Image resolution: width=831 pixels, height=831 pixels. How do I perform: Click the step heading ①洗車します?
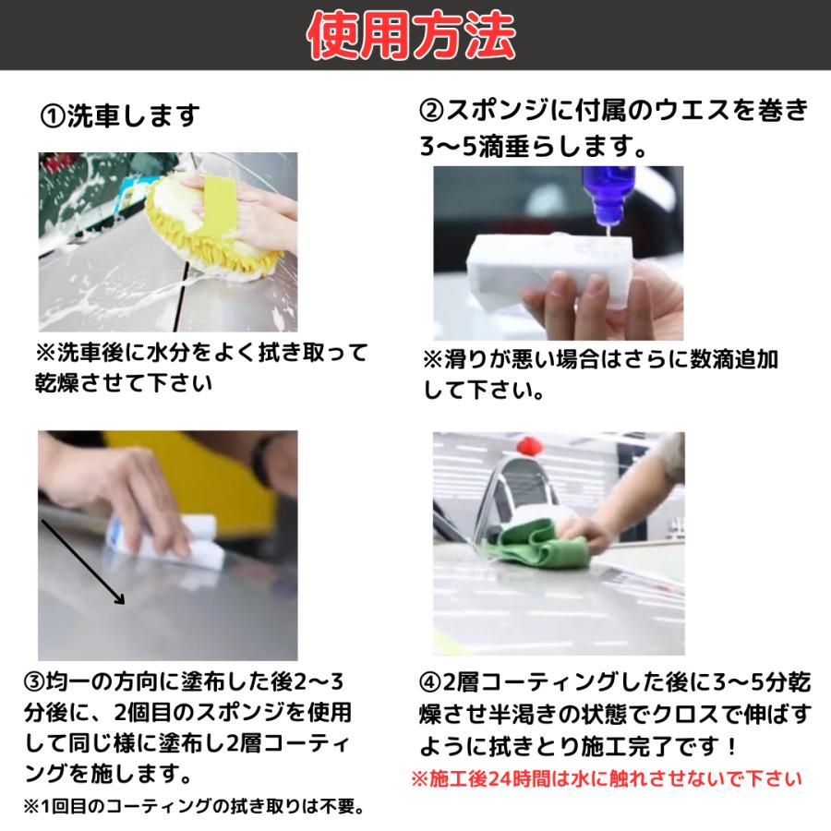point(120,116)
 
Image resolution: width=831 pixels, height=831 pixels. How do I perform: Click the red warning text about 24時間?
point(606,778)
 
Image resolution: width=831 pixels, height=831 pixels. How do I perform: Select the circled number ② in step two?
point(432,111)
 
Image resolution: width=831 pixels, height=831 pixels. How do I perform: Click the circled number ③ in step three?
point(35,683)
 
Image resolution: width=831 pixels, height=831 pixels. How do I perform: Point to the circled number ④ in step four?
point(432,683)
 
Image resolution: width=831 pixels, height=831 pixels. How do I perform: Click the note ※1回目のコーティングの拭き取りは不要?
point(194,806)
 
